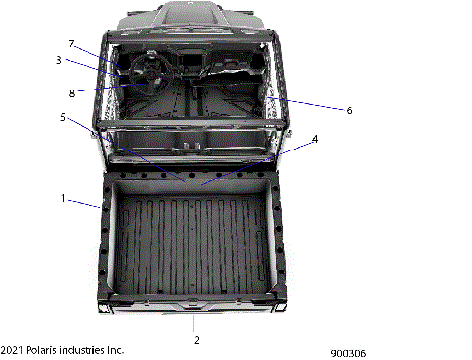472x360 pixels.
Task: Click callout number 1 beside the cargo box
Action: [x=63, y=198]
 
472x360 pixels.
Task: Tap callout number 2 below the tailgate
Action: [x=197, y=339]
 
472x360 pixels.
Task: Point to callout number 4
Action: [x=315, y=140]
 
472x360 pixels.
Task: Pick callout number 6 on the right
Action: [x=349, y=111]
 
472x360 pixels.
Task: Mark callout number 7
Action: [x=71, y=44]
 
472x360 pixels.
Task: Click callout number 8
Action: [x=72, y=93]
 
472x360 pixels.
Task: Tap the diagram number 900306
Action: [x=348, y=351]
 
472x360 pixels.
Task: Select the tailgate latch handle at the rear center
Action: [x=196, y=302]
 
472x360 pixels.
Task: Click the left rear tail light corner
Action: [x=102, y=301]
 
